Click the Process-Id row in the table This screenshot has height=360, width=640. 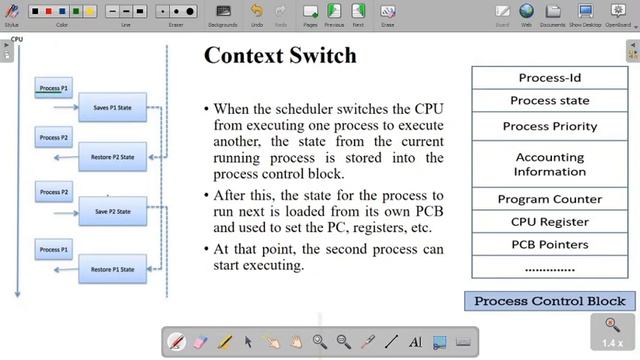(x=550, y=78)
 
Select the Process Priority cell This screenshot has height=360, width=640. (x=550, y=127)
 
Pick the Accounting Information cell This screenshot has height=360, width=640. (x=550, y=164)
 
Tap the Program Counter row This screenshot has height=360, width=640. (x=550, y=199)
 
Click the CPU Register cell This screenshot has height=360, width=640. (x=550, y=222)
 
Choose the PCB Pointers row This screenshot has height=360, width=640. (x=550, y=244)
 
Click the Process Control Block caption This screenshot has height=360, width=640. (x=550, y=301)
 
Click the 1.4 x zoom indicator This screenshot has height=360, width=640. (x=610, y=343)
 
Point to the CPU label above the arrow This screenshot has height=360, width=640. (x=17, y=40)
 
